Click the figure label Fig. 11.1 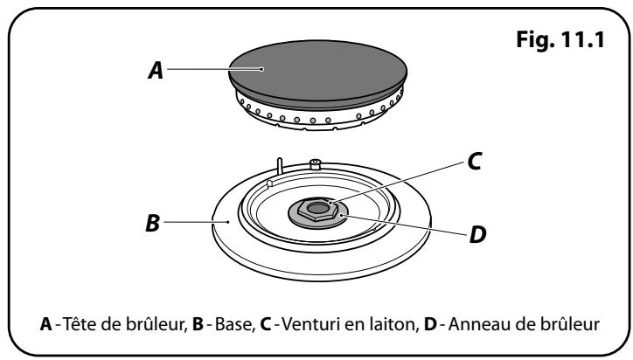560,39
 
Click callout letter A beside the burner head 156,70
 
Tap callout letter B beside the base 153,223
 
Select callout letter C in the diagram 475,162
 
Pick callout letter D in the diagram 477,234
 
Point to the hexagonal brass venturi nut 317,210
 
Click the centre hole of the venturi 318,208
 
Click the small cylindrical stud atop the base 315,164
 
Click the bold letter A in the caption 46,324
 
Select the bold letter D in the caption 430,324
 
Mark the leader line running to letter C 398,182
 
